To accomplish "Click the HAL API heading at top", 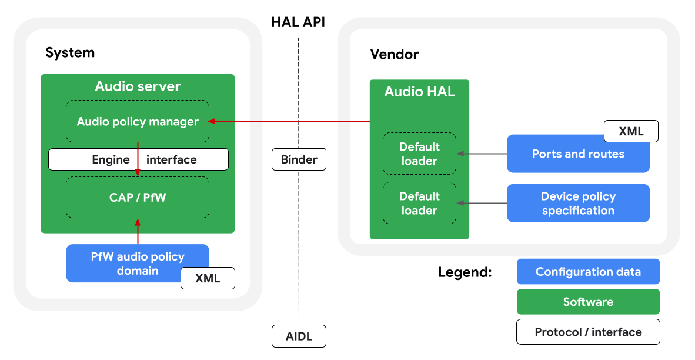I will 298,23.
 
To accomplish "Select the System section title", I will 70,53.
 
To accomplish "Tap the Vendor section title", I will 394,55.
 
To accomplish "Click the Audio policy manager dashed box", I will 138,122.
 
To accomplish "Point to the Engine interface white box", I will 138,159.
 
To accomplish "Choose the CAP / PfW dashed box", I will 138,197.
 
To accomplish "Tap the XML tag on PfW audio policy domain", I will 208,278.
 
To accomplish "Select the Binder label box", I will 299,159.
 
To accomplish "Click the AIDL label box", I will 299,336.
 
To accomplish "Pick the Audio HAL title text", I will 419,92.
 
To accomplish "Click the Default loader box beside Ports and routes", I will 419,154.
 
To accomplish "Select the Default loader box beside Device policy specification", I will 419,203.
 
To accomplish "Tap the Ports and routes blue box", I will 578,154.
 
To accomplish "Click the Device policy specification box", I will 578,203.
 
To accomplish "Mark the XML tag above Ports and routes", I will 631,131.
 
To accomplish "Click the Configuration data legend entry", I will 588,272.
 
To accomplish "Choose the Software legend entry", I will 588,302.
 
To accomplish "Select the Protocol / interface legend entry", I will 588,332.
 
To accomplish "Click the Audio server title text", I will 138,86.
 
